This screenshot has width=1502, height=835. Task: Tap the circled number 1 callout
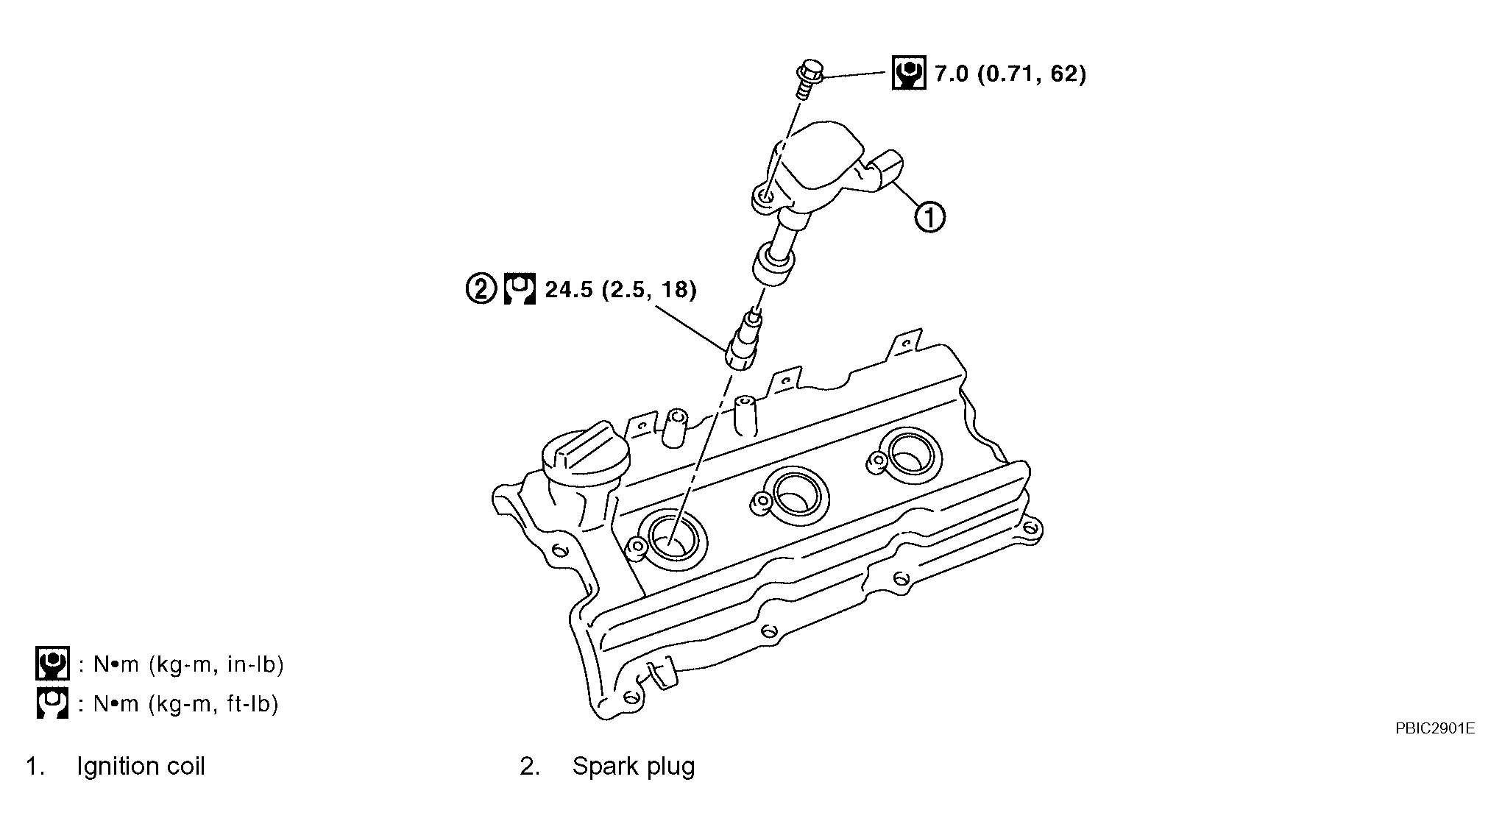coord(930,218)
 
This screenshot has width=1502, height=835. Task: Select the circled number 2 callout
coord(481,289)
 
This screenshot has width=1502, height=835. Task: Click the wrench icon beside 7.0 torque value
coord(909,73)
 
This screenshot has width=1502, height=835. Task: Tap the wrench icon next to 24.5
coord(520,289)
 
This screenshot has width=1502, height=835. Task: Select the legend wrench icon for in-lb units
coord(52,664)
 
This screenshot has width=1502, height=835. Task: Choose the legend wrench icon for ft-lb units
coord(52,703)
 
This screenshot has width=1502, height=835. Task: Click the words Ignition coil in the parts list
coord(141,767)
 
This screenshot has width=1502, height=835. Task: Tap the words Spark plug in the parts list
coord(634,767)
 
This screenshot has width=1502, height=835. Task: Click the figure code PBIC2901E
coord(1435,728)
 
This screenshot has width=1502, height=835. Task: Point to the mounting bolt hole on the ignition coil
coord(765,196)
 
